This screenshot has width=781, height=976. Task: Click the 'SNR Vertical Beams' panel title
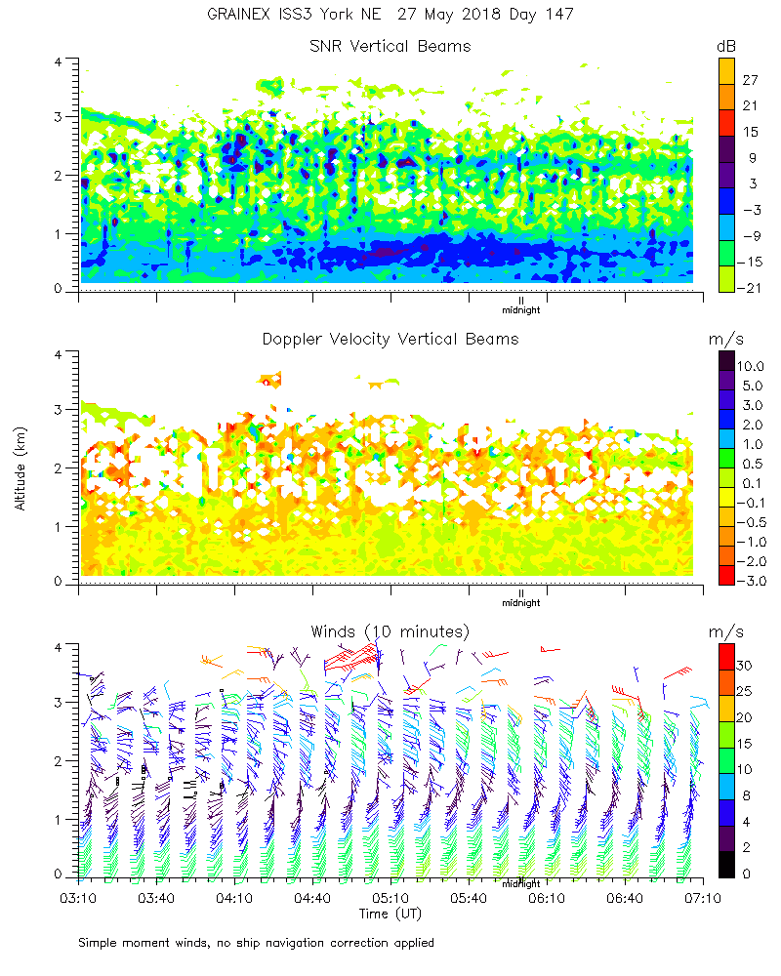click(390, 46)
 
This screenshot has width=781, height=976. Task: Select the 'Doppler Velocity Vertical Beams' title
click(390, 339)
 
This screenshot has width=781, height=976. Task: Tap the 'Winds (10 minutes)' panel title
click(390, 630)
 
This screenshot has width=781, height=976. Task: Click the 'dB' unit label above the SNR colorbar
click(726, 46)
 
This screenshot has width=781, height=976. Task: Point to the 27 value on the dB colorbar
click(751, 79)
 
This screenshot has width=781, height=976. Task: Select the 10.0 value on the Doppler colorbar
click(753, 365)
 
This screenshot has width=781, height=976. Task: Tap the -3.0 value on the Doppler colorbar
click(753, 581)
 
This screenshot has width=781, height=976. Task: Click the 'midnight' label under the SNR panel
click(520, 311)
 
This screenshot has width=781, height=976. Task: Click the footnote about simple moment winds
click(257, 943)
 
